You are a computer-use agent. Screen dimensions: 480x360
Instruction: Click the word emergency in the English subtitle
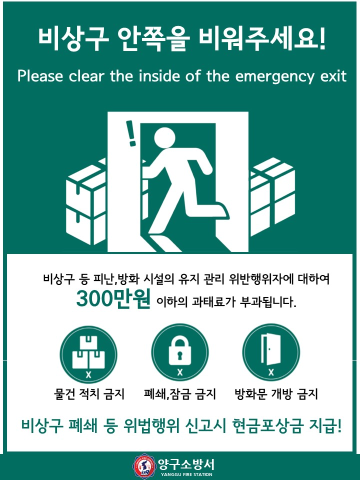pyautogui.click(x=281, y=77)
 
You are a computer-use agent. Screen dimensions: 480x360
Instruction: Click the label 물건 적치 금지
pyautogui.click(x=88, y=394)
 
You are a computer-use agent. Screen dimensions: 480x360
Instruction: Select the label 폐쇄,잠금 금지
pyautogui.click(x=179, y=394)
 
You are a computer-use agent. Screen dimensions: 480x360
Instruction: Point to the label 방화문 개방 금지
pyautogui.click(x=276, y=394)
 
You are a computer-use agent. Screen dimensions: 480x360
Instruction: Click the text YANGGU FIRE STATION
pyautogui.click(x=186, y=474)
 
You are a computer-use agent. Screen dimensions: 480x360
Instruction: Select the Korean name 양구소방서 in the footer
pyautogui.click(x=186, y=463)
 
